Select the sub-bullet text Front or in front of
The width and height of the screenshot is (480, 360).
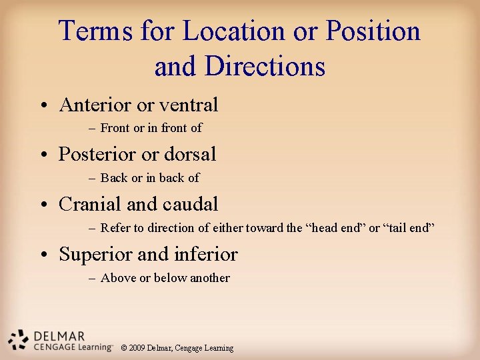[151, 128]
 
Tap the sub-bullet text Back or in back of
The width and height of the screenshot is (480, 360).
[149, 178]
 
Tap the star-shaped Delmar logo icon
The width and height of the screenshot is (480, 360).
[18, 339]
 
